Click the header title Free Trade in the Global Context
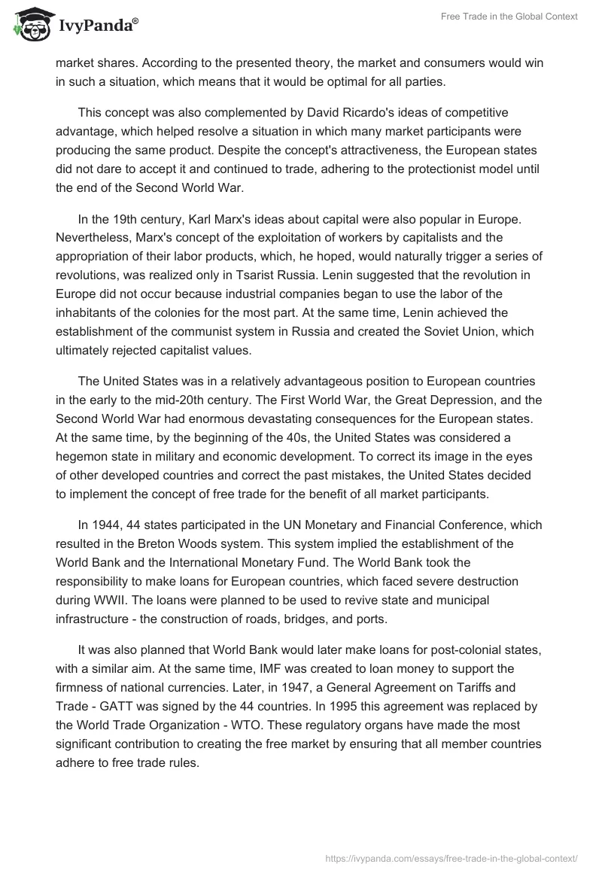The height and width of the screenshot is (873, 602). (x=509, y=17)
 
